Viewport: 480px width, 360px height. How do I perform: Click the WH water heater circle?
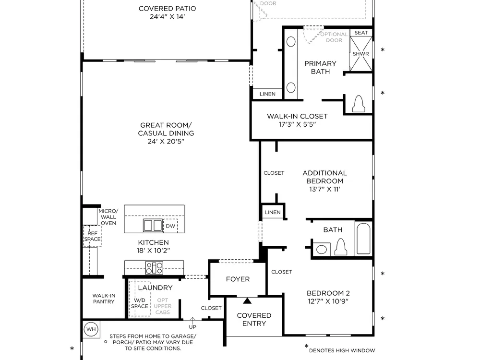point(91,329)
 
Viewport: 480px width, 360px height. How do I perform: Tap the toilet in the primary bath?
point(359,104)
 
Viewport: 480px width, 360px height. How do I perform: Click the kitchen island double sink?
point(153,226)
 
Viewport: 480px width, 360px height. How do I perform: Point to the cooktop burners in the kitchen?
point(154,268)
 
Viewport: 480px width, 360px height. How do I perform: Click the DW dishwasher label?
point(170,226)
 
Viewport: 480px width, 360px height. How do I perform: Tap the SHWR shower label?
point(360,54)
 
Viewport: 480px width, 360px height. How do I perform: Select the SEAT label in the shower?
point(361,33)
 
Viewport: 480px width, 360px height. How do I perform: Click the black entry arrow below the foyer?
point(247,300)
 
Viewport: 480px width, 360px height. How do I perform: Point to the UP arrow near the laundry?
point(192,321)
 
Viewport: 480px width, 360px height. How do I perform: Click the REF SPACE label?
point(92,236)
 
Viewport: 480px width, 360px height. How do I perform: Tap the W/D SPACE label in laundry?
point(140,303)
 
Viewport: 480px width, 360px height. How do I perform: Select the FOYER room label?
point(238,279)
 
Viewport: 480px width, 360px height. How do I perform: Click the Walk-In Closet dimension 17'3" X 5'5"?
point(297,124)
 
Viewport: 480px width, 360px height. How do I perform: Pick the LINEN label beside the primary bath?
point(267,94)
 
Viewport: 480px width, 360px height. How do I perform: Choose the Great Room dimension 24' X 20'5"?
point(166,141)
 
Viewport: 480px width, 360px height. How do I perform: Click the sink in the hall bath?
point(322,249)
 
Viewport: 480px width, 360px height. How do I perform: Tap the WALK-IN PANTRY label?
point(104,299)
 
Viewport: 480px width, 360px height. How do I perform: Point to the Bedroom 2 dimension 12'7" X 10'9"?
point(328,301)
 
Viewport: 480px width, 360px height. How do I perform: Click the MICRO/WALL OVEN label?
point(108,217)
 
